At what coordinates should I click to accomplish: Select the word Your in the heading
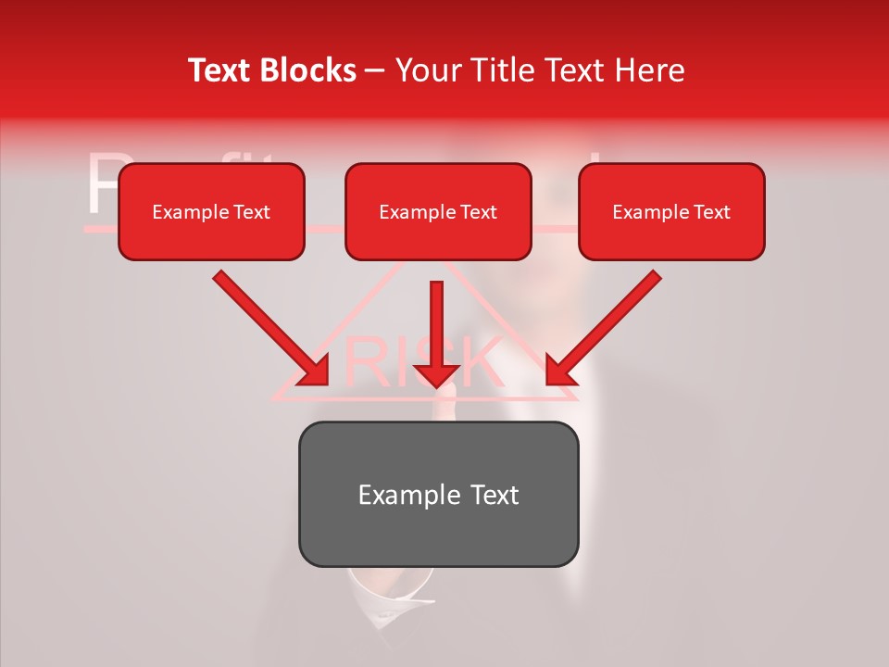pyautogui.click(x=426, y=70)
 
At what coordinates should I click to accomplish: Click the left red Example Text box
pyautogui.click(x=211, y=212)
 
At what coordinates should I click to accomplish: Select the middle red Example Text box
pyautogui.click(x=438, y=212)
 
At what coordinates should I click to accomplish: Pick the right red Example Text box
pyautogui.click(x=671, y=212)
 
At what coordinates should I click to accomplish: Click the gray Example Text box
pyautogui.click(x=438, y=494)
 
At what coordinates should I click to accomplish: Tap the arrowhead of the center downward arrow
pyautogui.click(x=437, y=374)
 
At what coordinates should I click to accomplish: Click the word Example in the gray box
pyautogui.click(x=395, y=495)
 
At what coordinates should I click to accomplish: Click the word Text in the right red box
pyautogui.click(x=712, y=212)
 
